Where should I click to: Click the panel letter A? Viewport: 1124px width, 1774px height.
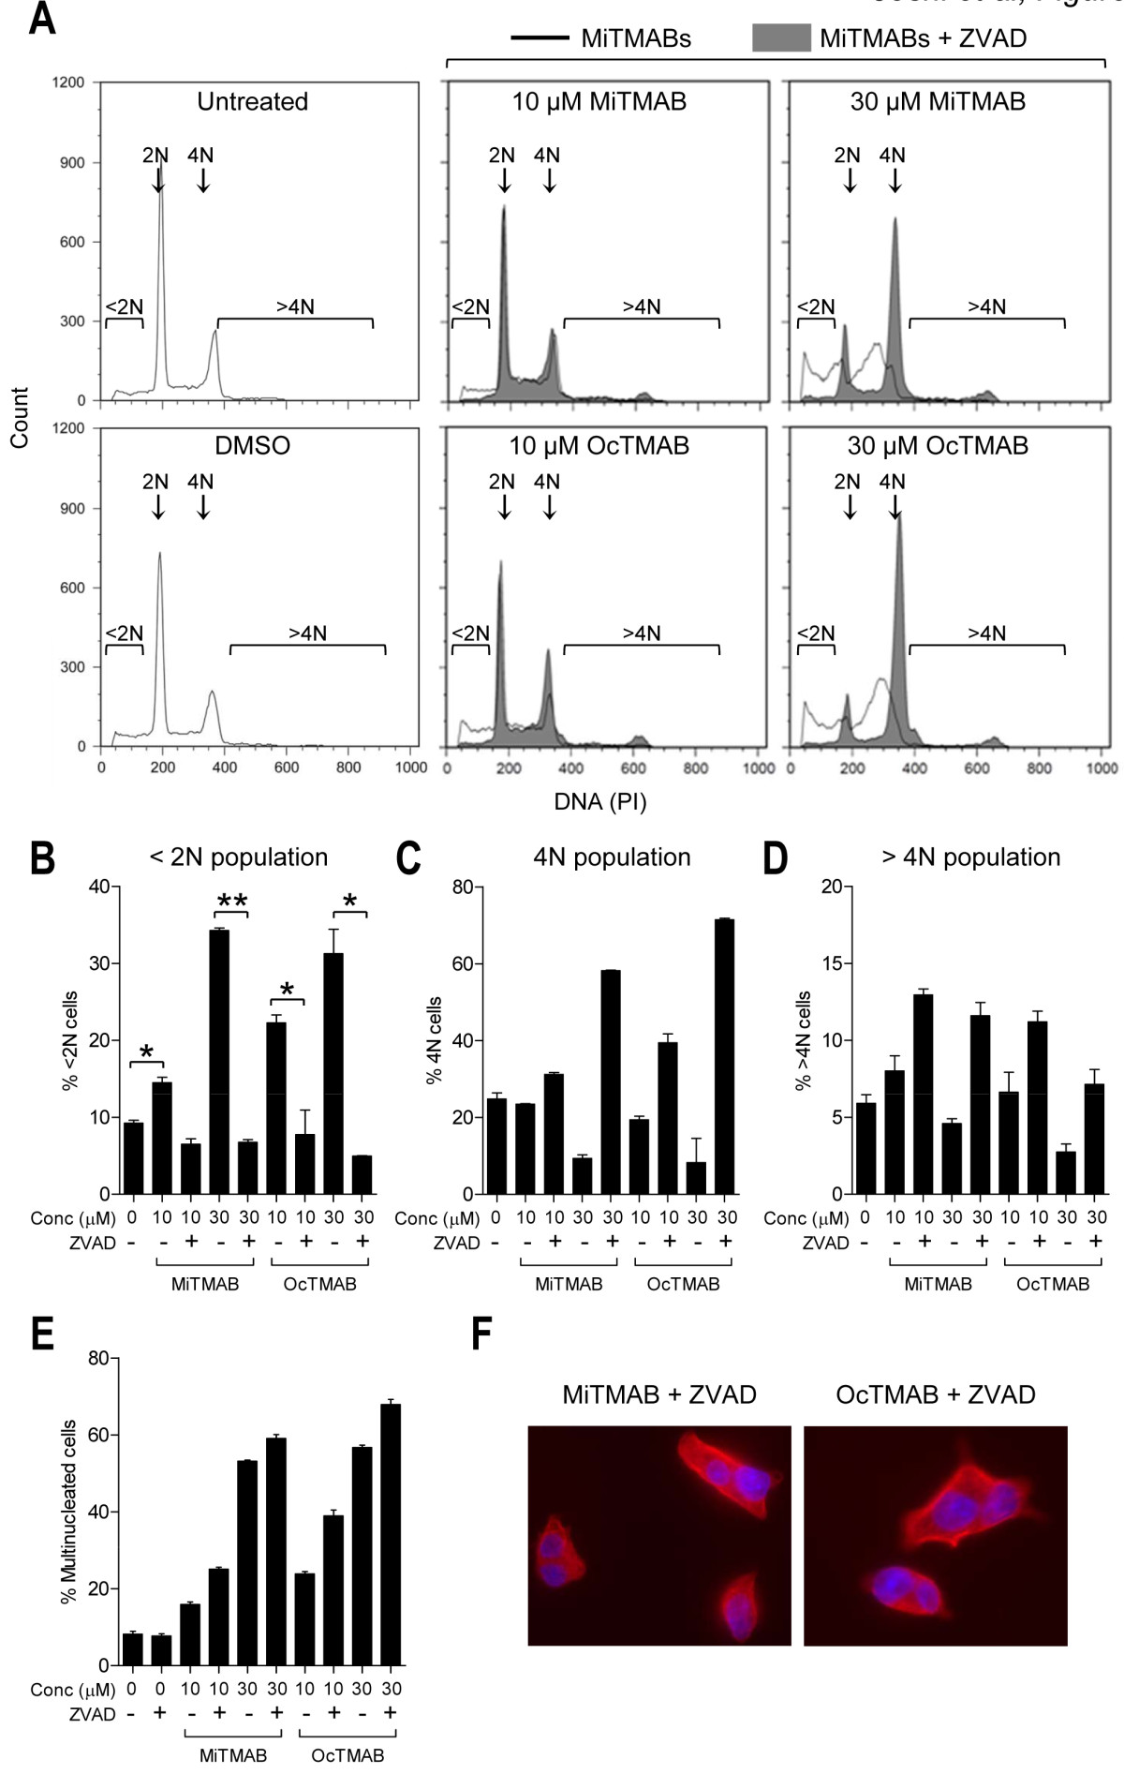(x=41, y=19)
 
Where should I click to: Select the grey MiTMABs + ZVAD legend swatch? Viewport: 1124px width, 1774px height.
(x=781, y=38)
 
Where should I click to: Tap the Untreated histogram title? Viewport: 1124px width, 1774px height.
(x=252, y=101)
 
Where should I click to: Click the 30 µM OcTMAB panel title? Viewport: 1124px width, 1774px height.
(x=938, y=445)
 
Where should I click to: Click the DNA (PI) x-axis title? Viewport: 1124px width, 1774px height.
(x=599, y=801)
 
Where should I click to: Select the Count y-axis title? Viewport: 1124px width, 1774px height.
(x=20, y=417)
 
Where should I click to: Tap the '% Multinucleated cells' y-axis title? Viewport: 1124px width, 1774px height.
(x=68, y=1509)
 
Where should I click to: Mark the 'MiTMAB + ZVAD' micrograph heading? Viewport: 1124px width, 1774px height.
(x=659, y=1394)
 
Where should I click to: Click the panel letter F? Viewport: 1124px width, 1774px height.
(x=482, y=1336)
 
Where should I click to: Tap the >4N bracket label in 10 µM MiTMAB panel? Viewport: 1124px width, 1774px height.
(x=642, y=306)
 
